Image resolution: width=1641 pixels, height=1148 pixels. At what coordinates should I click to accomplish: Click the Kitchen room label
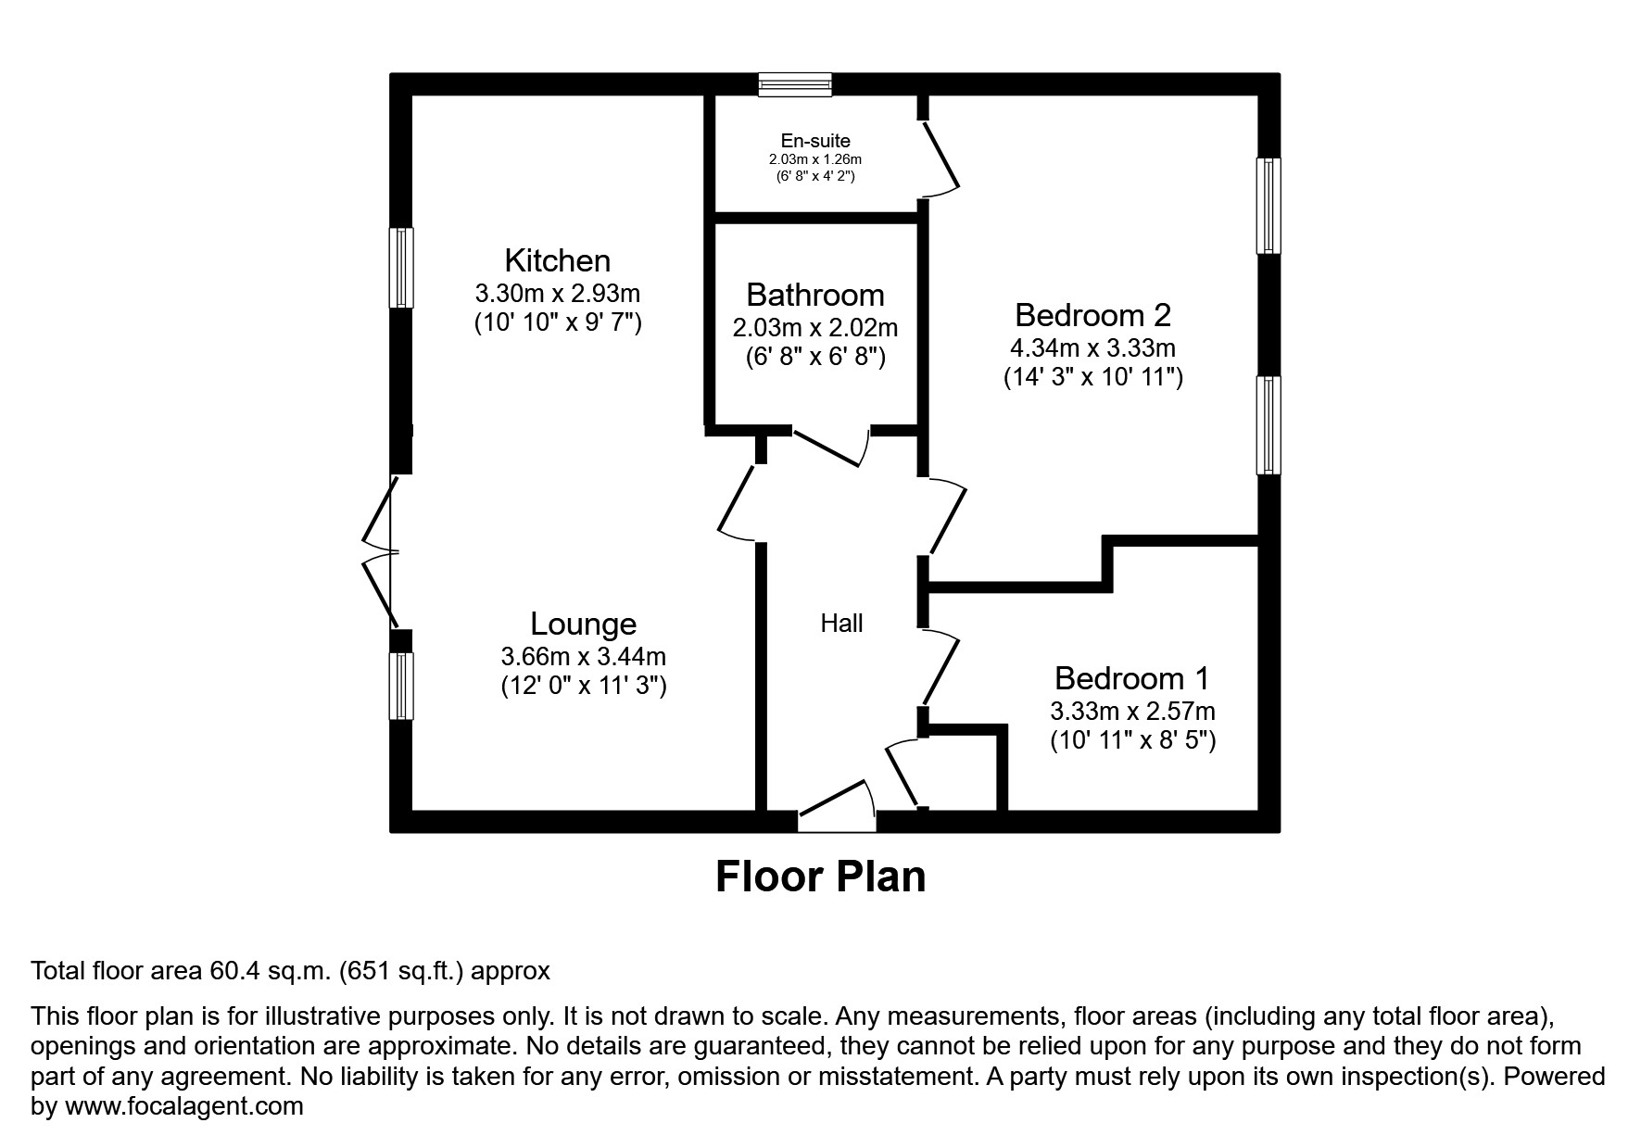557,259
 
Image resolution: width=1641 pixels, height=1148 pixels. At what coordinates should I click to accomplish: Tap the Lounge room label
583,624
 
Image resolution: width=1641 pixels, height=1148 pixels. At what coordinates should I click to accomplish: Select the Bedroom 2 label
1092,315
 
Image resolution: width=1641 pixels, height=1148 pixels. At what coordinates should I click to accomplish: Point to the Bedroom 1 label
1131,678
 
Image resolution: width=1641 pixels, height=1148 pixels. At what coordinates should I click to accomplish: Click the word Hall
841,624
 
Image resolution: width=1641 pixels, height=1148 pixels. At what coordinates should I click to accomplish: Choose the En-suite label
815,141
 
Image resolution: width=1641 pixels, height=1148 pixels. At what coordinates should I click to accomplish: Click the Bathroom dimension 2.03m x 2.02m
815,328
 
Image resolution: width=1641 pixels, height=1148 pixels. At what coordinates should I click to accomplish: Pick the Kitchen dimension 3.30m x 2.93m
557,294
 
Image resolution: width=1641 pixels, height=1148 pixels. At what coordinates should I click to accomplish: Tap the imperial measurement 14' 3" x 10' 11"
1093,377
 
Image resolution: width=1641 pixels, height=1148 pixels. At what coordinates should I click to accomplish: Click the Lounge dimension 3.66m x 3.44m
583,657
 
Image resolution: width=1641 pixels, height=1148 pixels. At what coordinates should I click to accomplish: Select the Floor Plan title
820,876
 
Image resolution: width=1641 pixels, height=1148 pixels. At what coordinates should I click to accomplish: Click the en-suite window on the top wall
794,85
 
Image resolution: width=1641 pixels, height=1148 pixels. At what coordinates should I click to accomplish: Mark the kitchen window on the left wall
400,268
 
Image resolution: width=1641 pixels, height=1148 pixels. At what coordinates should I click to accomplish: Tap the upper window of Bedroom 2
1269,206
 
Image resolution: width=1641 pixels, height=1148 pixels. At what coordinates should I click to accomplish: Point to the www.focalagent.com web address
183,1105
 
